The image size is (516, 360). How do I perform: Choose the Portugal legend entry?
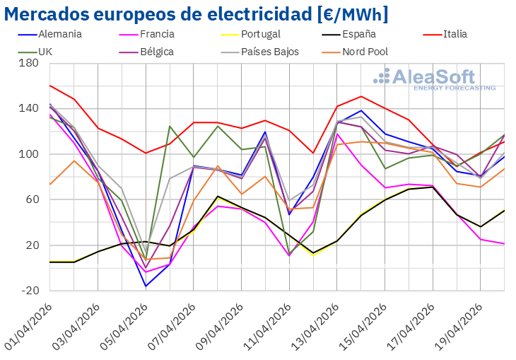pos(260,34)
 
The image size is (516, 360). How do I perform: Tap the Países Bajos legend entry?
pos(269,52)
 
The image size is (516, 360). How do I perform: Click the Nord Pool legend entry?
pos(365,52)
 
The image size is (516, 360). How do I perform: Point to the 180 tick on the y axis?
pos(28,63)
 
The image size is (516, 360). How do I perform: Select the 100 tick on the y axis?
pos(28,154)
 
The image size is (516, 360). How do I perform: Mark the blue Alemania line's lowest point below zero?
pos(146,286)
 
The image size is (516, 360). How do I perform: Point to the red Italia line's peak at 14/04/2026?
pos(361,96)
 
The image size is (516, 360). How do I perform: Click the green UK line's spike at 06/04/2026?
pos(170,126)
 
